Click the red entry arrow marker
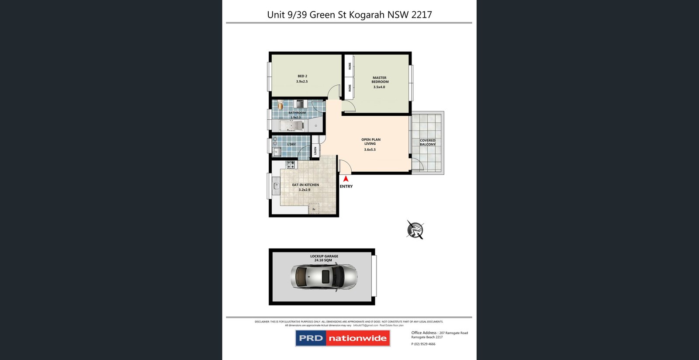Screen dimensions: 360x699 [346, 179]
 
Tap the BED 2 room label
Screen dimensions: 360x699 [302, 76]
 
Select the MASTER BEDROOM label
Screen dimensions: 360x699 [380, 80]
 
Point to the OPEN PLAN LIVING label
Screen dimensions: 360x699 [370, 142]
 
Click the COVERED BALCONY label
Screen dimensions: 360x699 [427, 142]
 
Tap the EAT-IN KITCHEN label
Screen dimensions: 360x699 [305, 185]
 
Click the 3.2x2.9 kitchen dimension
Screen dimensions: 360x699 [305, 190]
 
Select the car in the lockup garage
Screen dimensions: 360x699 [324, 277]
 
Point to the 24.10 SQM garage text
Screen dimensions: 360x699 [323, 260]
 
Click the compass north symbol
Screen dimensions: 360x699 [415, 229]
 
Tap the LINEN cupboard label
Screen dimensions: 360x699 [315, 151]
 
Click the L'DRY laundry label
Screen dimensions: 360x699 [291, 144]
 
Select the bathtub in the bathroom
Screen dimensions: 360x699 [291, 126]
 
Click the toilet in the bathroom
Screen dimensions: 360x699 [280, 105]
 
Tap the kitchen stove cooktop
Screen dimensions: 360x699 [291, 165]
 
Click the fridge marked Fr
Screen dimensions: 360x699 [314, 209]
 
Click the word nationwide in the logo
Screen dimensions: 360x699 [357, 338]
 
